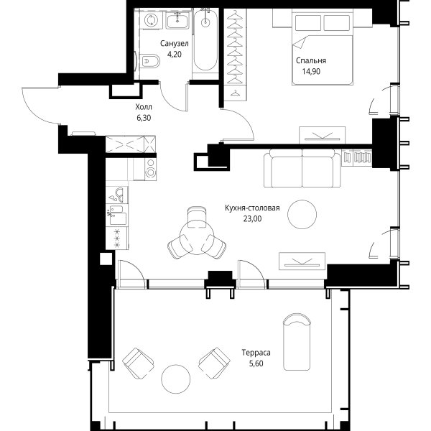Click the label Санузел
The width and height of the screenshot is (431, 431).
tap(175, 43)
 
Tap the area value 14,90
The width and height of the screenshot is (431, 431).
tap(311, 71)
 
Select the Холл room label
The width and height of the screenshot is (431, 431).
tap(144, 106)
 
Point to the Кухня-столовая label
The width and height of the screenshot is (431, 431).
tap(252, 208)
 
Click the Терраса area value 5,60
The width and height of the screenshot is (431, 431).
tap(256, 363)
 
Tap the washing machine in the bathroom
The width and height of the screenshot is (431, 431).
tap(151, 20)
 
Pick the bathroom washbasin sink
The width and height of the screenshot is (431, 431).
tap(177, 21)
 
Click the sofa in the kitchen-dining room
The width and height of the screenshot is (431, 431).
tap(302, 168)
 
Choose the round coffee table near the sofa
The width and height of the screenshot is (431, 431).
tap(302, 214)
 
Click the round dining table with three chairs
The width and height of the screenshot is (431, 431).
tap(197, 238)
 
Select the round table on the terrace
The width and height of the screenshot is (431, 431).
tap(176, 379)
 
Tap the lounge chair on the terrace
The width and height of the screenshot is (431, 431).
tap(297, 342)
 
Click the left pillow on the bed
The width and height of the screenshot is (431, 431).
tap(308, 22)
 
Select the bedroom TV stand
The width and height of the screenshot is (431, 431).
tap(322, 135)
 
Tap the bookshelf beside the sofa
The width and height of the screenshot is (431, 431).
tap(356, 158)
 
